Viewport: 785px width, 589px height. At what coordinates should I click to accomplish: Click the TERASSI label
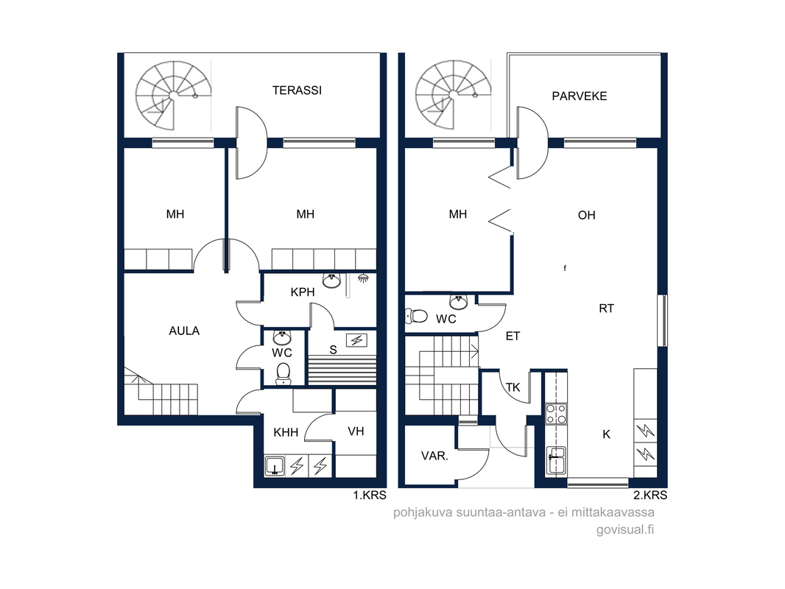[x=297, y=91]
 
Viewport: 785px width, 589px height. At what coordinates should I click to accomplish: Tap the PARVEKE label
[x=580, y=96]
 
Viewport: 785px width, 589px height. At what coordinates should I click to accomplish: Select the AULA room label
[x=184, y=331]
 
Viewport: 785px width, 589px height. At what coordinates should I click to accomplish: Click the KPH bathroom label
[x=303, y=292]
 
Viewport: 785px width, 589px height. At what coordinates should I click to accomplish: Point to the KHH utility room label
[x=286, y=432]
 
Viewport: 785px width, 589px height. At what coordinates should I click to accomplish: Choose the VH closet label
[x=356, y=431]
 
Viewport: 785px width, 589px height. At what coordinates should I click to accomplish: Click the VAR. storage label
[x=434, y=456]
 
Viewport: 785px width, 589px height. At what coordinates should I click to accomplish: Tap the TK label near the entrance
[x=513, y=387]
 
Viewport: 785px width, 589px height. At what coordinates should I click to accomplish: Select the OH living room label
[x=587, y=215]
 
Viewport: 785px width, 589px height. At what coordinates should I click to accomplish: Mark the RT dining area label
[x=606, y=308]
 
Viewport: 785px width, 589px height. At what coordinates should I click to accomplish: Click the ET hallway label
[x=513, y=336]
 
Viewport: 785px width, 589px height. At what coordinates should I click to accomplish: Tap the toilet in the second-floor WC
[x=416, y=316]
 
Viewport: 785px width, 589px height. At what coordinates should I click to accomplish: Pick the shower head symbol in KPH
[x=363, y=278]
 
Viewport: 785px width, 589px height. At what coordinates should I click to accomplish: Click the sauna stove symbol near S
[x=356, y=341]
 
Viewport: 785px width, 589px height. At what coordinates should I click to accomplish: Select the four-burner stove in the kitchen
[x=556, y=414]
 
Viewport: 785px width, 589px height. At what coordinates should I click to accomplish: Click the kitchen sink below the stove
[x=556, y=460]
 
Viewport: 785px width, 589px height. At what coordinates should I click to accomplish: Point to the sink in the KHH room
[x=275, y=466]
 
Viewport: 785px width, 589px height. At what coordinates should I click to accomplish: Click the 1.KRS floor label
[x=370, y=495]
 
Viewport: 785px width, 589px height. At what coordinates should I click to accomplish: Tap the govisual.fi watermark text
[x=624, y=529]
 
